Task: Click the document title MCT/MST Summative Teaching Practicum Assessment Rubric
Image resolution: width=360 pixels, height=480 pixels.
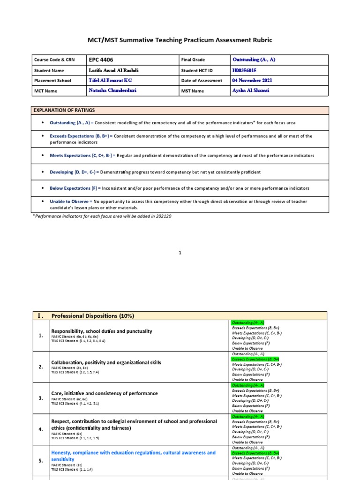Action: click(x=180, y=40)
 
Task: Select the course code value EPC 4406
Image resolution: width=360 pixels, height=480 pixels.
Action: click(x=101, y=60)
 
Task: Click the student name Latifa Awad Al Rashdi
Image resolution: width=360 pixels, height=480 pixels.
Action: click(x=113, y=70)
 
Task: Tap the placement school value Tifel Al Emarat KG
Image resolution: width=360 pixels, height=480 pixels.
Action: click(x=110, y=81)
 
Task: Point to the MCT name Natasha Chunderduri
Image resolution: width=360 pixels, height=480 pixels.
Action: click(x=112, y=90)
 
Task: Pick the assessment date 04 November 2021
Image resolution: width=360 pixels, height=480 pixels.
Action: click(x=252, y=81)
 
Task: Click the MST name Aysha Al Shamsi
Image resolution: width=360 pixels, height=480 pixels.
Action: click(x=251, y=90)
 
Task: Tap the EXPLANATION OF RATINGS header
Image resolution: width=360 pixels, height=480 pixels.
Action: click(x=64, y=110)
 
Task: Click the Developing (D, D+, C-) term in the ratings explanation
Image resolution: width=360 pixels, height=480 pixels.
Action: click(x=73, y=172)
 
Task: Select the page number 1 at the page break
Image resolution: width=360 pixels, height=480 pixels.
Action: click(x=180, y=253)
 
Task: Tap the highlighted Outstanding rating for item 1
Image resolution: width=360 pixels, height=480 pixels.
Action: click(x=247, y=323)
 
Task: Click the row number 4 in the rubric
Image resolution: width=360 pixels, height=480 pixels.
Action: click(x=40, y=429)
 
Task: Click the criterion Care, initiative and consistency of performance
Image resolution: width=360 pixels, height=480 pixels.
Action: click(x=104, y=393)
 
